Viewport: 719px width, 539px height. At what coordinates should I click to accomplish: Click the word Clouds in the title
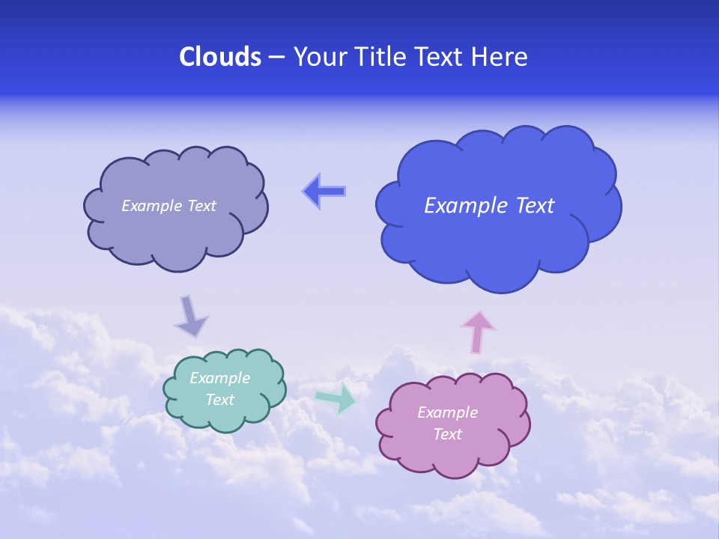point(219,57)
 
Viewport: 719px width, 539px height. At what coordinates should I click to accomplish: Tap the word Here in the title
point(500,57)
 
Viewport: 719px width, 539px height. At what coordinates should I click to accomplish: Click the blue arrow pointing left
point(324,192)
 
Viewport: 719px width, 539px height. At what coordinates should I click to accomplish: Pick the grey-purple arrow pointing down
point(190,316)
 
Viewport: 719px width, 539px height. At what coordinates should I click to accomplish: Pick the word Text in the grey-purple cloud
point(201,206)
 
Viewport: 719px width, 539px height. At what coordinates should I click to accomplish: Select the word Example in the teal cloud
point(219,378)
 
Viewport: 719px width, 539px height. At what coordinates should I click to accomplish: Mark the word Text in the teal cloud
point(220,400)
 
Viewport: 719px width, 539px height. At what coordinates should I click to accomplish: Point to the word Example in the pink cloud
point(447,412)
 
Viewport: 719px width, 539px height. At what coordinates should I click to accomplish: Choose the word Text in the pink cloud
point(447,434)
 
